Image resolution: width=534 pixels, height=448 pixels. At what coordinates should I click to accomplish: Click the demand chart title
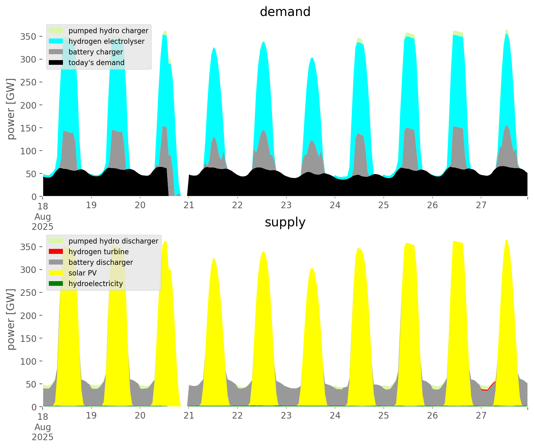[x=285, y=12]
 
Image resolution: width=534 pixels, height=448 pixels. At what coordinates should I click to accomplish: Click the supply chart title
[x=285, y=222]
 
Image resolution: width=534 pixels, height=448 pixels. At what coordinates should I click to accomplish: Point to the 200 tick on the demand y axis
[x=28, y=105]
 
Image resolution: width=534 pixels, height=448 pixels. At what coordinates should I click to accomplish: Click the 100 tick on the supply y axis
[x=28, y=361]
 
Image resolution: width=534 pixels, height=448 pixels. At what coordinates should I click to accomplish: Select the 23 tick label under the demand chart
[x=286, y=205]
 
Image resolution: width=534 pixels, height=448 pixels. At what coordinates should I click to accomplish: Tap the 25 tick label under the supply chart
[x=383, y=415]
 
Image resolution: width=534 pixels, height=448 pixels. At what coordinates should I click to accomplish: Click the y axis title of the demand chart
[x=11, y=109]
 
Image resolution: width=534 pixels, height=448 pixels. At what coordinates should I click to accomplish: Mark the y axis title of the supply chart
[x=11, y=319]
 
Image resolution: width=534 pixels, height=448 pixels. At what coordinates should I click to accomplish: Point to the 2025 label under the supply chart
[x=43, y=437]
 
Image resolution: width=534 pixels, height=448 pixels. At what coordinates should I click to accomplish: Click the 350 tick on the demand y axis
[x=28, y=37]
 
